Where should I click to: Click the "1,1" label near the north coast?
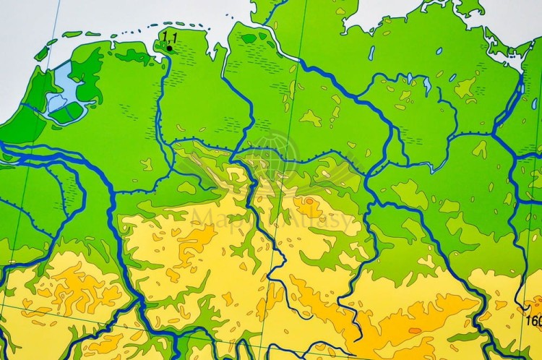click(170, 36)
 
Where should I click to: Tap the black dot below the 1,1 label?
click(169, 48)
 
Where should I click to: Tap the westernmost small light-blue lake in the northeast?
click(371, 53)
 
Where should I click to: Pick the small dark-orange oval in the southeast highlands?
click(415, 330)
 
